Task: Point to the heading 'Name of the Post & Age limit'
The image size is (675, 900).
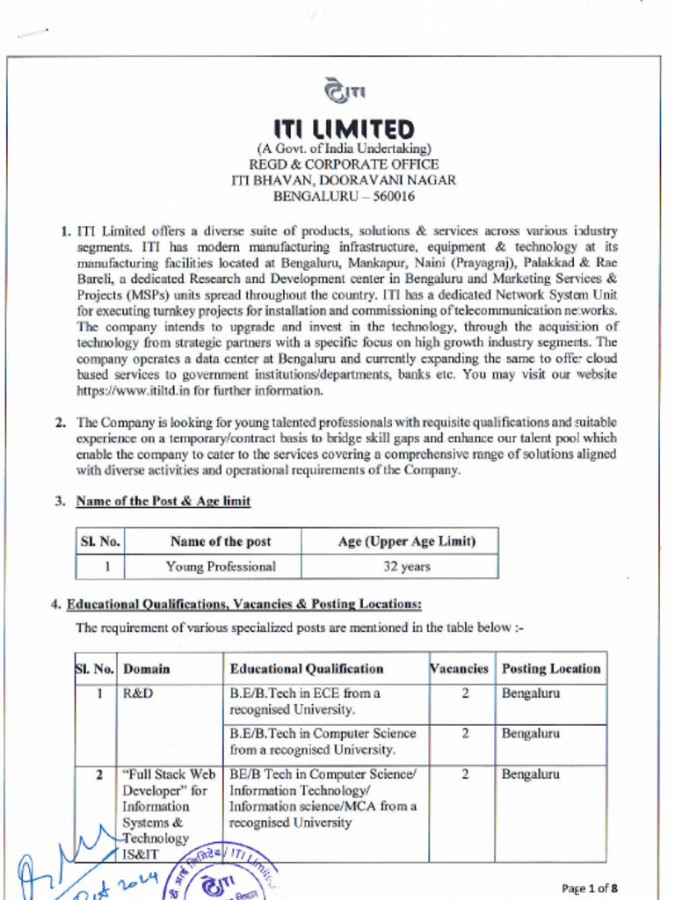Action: click(x=163, y=501)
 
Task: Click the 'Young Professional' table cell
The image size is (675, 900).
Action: click(x=221, y=566)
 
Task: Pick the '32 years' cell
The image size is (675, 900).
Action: click(x=407, y=566)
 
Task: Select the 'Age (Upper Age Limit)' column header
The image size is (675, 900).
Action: click(x=407, y=541)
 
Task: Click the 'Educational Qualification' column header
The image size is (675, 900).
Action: click(x=307, y=668)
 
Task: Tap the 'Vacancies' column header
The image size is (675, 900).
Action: click(x=459, y=668)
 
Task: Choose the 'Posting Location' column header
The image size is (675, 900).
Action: click(x=551, y=668)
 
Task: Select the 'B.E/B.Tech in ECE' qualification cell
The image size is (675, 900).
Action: click(x=305, y=700)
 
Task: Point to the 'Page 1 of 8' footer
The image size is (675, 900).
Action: click(x=595, y=888)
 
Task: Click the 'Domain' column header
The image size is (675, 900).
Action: click(x=147, y=668)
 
